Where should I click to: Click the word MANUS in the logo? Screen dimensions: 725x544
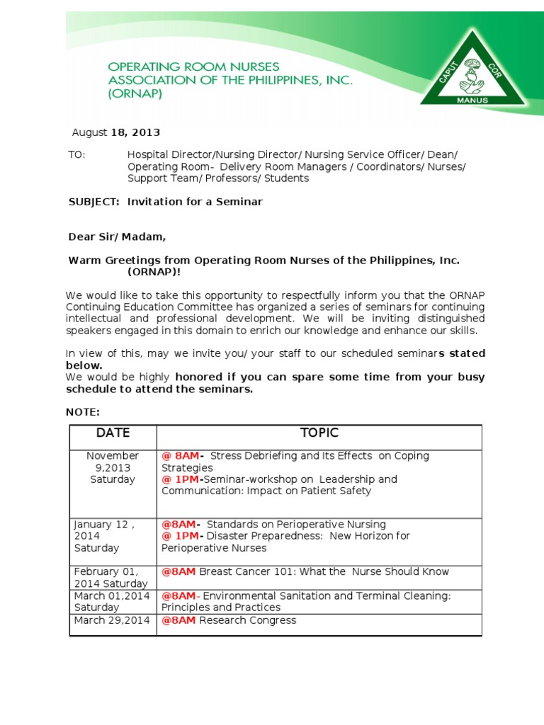pos(472,100)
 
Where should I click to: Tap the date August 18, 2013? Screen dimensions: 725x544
pos(116,132)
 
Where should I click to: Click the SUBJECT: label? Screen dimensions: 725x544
pos(93,202)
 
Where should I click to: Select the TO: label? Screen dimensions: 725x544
pos(76,155)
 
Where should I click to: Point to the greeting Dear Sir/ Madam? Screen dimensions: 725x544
pos(117,236)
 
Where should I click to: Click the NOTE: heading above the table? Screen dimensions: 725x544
pos(83,412)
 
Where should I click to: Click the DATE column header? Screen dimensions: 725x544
pos(113,433)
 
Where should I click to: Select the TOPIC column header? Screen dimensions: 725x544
pos(319,433)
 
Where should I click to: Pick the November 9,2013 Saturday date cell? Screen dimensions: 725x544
pos(113,467)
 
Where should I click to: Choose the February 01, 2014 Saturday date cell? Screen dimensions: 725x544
pos(110,577)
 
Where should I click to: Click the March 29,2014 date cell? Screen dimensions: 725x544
pos(112,620)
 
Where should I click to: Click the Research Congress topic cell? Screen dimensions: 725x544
pos(247,620)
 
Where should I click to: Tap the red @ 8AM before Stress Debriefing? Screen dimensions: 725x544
pos(183,456)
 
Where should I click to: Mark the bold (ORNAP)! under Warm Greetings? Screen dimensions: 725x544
pos(154,271)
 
